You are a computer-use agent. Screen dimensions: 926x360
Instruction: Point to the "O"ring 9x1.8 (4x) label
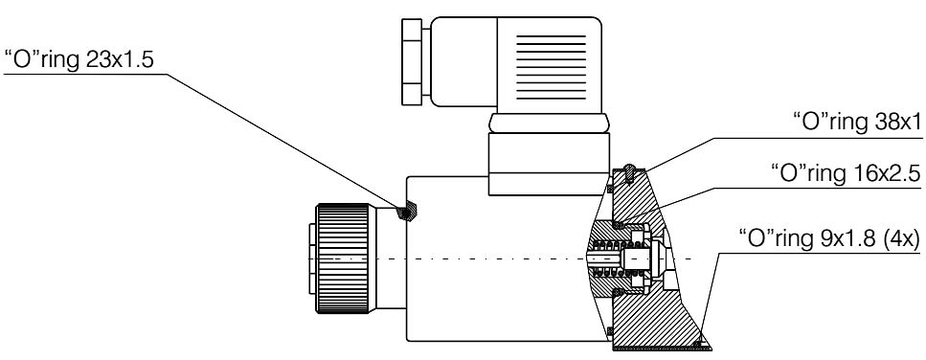tap(829, 240)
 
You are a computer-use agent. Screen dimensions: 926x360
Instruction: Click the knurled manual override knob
tap(343, 258)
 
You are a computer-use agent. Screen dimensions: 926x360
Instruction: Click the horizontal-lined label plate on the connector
tap(551, 67)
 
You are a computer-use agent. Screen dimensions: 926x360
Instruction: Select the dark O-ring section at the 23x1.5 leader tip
tap(407, 212)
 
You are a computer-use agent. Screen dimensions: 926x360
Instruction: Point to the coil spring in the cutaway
tap(613, 258)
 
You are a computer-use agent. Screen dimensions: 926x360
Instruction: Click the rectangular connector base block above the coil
tap(549, 164)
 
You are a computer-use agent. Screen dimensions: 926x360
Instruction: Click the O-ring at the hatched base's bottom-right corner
tap(699, 343)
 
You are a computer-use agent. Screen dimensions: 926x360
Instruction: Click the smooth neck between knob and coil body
tap(388, 258)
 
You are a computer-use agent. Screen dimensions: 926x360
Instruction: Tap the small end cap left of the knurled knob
tap(312, 259)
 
